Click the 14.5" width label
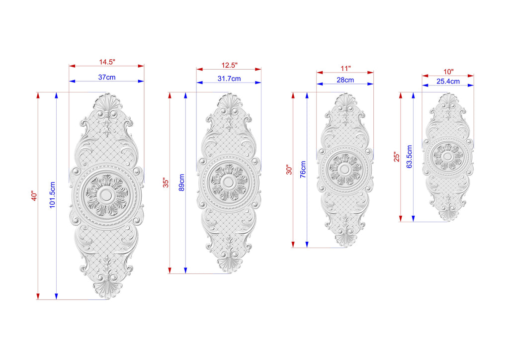click(107, 62)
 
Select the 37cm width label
click(107, 77)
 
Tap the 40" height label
click(34, 196)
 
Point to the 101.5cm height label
click(52, 195)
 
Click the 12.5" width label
click(230, 65)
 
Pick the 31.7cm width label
click(229, 79)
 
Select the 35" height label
click(166, 183)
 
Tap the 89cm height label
click(181, 182)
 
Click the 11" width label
click(346, 68)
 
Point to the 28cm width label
click(345, 80)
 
